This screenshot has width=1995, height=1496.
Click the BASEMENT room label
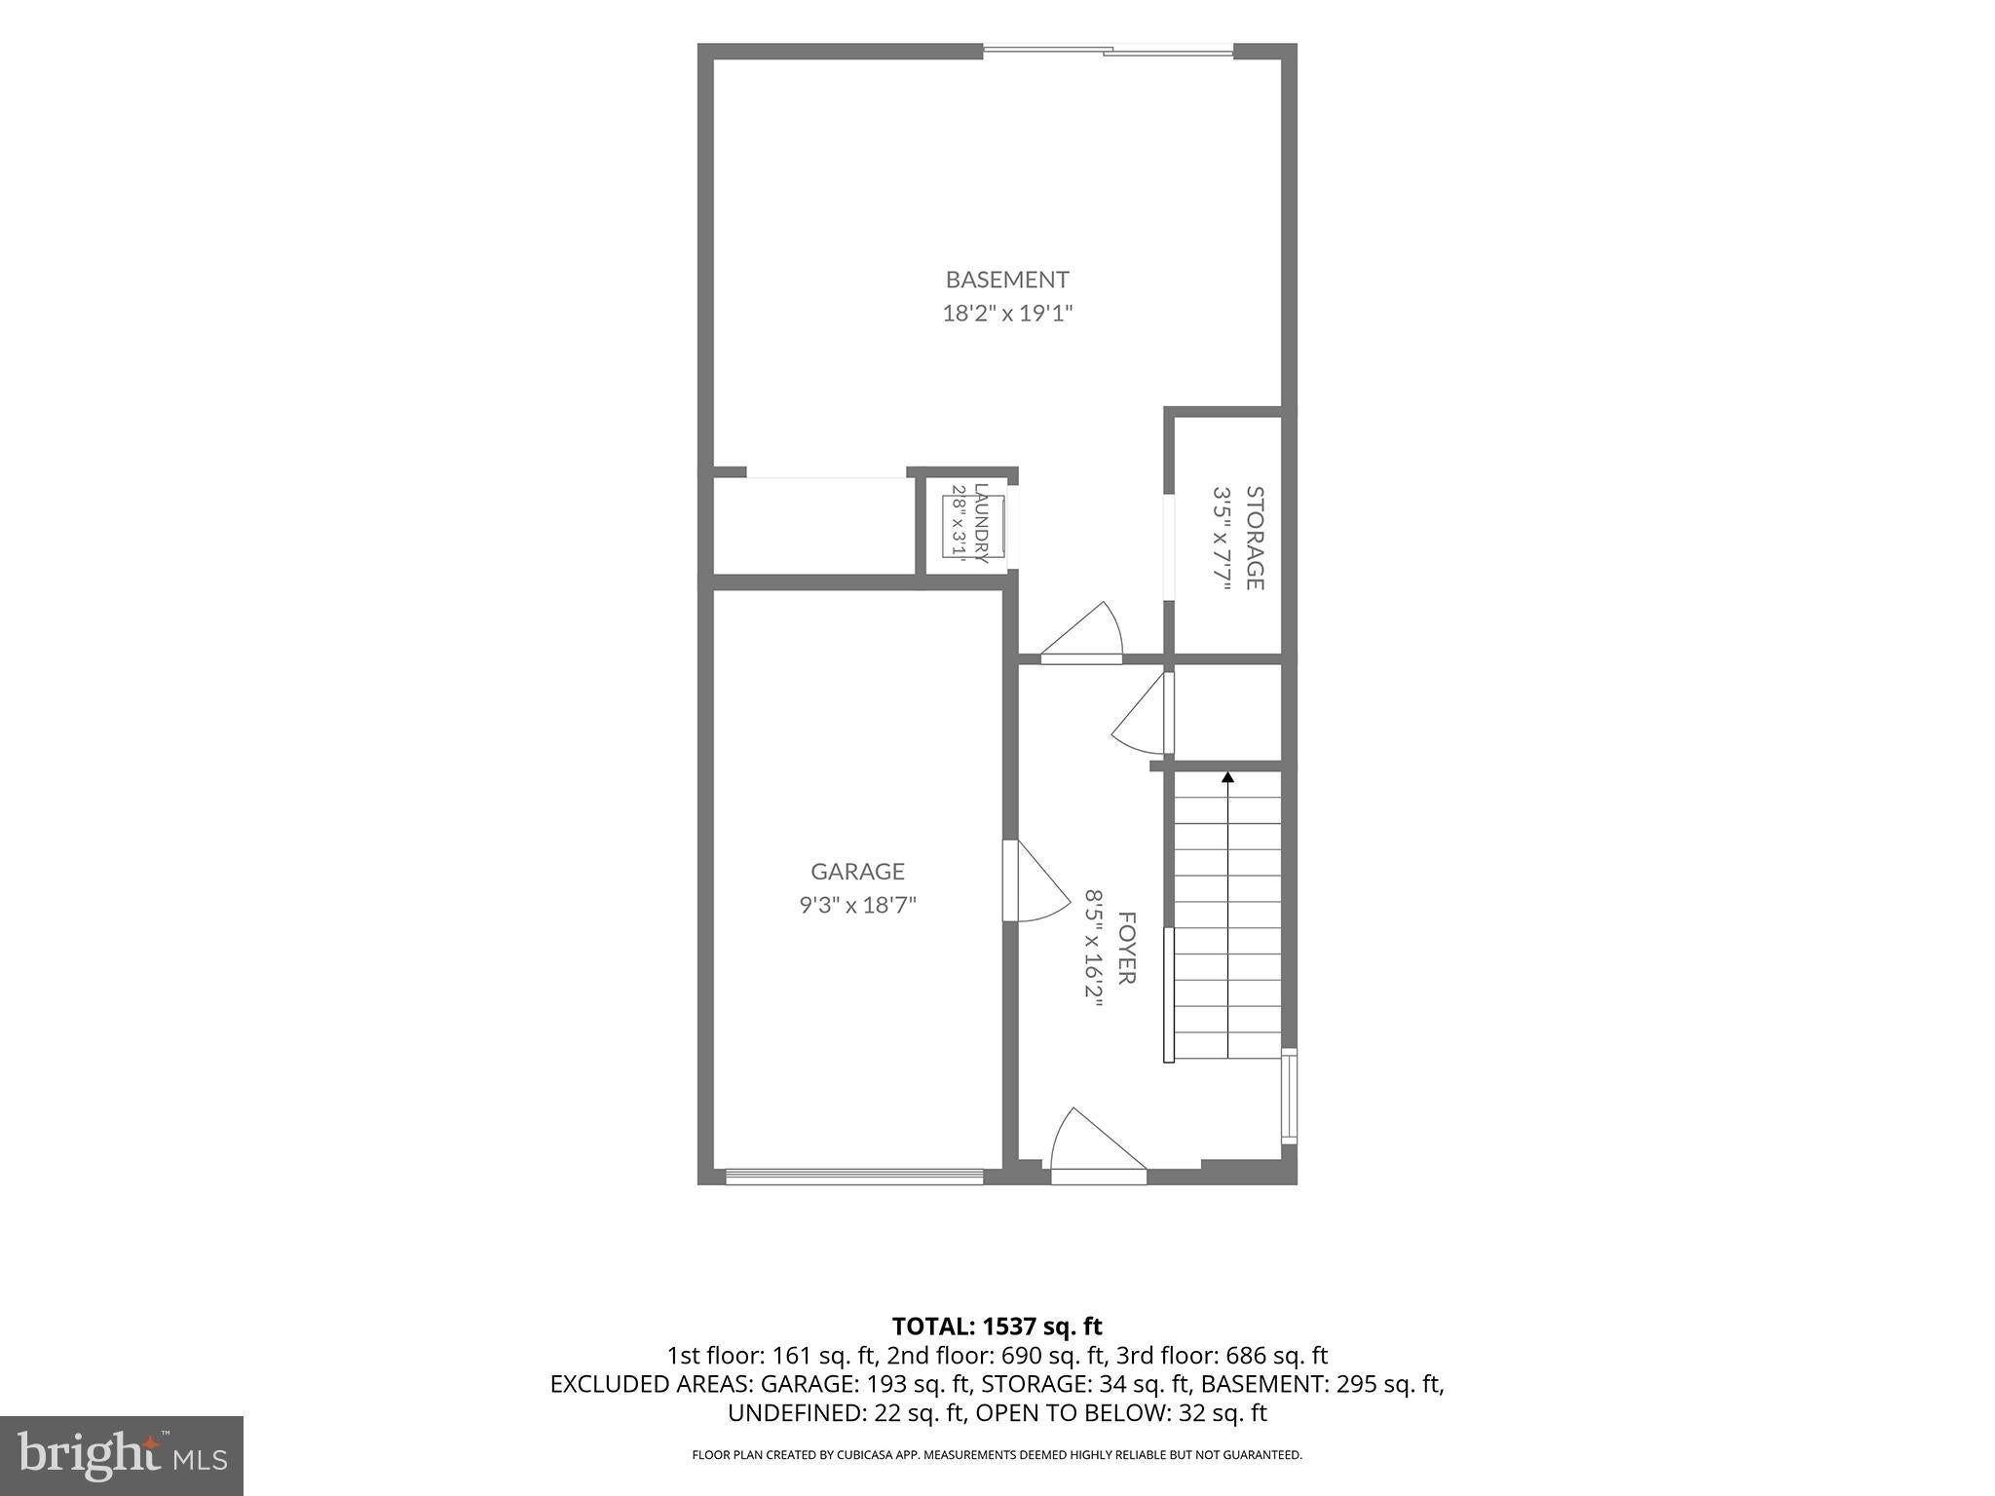[1007, 280]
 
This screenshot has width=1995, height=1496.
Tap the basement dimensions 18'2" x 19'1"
[1007, 314]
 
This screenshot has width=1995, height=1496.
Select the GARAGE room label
[858, 871]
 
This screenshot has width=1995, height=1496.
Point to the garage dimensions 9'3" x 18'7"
[858, 905]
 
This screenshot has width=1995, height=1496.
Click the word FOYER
[1126, 948]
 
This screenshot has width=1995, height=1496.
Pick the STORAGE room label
[1255, 538]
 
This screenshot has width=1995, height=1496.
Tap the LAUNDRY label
[981, 524]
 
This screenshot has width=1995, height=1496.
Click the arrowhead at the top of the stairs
[1227, 777]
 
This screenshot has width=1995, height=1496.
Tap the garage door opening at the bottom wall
[854, 1176]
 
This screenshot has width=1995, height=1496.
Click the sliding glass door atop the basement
[1109, 51]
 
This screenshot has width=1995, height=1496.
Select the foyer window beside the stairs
[1290, 1096]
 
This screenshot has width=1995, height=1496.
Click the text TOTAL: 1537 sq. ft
[997, 1326]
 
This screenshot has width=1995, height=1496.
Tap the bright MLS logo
[122, 1455]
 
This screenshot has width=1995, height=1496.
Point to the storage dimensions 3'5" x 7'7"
[1222, 538]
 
